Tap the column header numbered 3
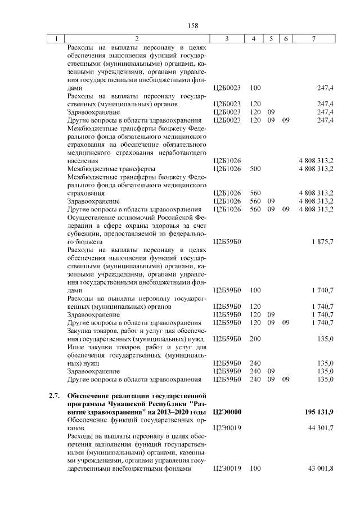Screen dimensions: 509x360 pos(227,39)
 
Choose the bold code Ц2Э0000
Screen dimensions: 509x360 pos(227,412)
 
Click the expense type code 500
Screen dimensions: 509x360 pos(255,168)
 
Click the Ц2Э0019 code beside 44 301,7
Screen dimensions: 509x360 pos(227,428)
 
